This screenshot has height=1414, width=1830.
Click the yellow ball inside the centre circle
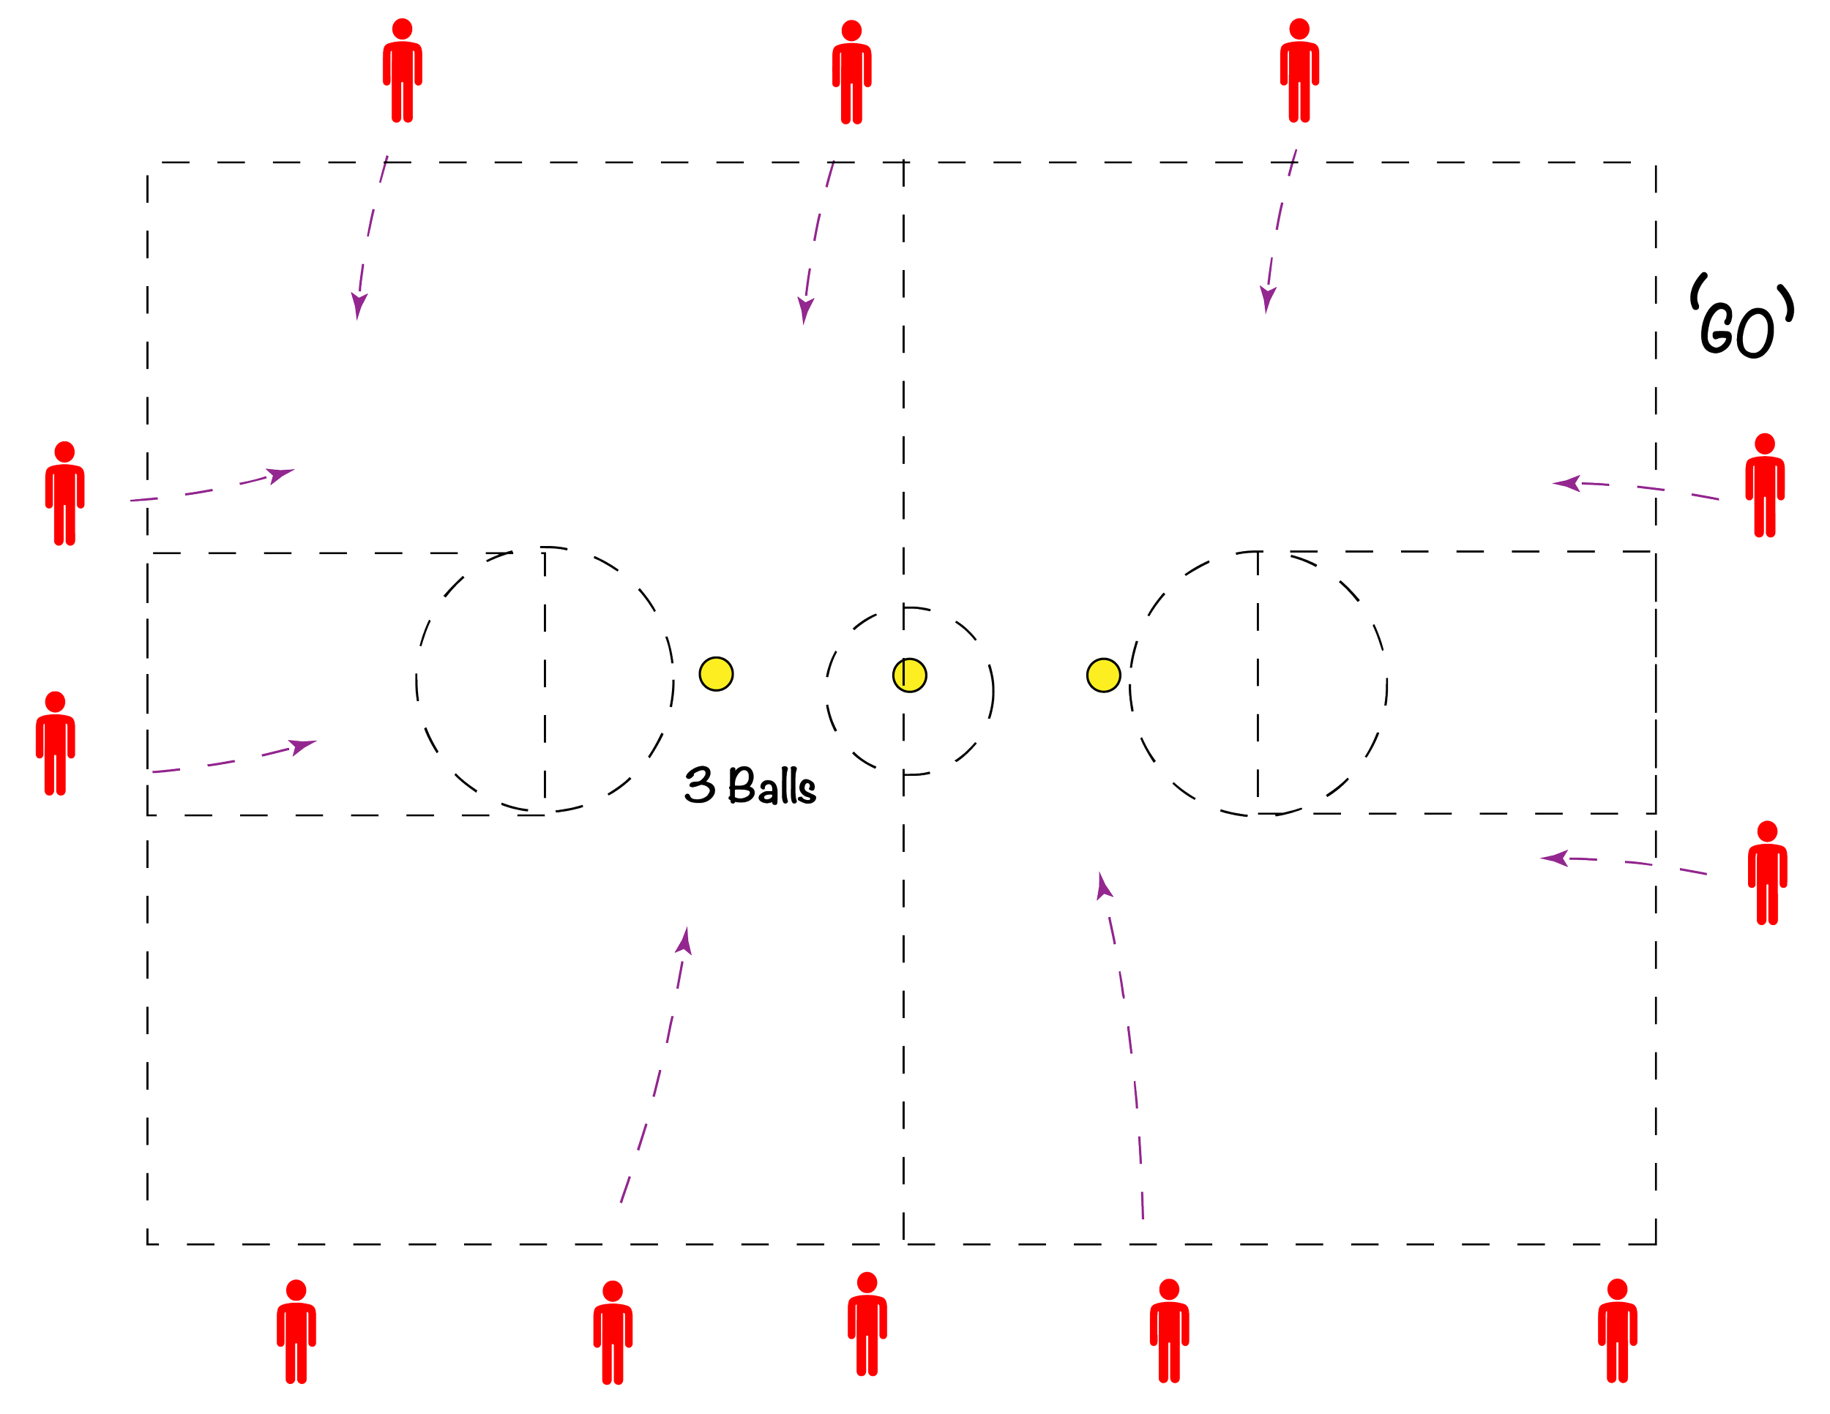909,674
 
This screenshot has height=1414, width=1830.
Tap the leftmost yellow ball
716,673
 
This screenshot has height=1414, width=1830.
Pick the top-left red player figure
402,71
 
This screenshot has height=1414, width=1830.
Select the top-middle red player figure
851,74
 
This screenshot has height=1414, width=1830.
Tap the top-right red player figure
1299,71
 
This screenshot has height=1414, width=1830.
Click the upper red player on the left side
64,493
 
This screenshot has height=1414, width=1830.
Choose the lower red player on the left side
56,743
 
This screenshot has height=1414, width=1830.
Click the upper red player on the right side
1765,485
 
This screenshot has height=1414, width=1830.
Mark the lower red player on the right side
1767,873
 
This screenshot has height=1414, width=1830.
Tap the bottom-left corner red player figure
296,1331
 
